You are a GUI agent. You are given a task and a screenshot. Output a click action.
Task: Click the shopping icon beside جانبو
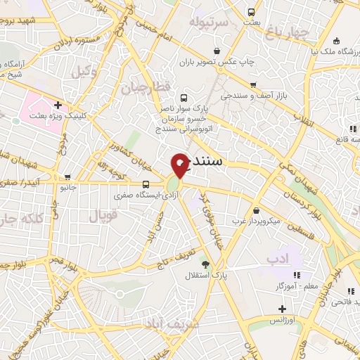[x=67, y=177]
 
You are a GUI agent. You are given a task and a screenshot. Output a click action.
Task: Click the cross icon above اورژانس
[x=282, y=309]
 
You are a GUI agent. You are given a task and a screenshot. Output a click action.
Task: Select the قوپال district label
[x=103, y=214]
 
